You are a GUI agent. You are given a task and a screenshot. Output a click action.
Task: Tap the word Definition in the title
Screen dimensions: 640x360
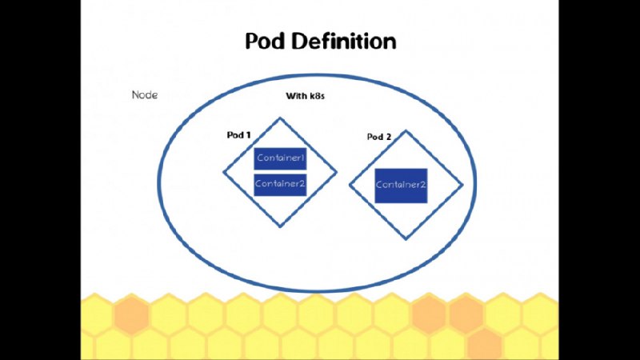(344, 42)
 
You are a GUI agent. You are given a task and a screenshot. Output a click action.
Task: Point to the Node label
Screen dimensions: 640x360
(145, 95)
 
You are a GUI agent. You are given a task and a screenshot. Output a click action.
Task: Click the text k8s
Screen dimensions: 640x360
(317, 96)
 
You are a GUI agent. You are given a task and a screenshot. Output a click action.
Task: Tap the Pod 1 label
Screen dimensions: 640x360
(238, 135)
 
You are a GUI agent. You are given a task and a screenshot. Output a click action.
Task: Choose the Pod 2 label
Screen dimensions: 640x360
(379, 137)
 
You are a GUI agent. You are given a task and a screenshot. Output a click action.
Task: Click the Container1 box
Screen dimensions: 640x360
(280, 158)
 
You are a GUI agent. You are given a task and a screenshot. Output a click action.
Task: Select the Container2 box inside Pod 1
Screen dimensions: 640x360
(280, 185)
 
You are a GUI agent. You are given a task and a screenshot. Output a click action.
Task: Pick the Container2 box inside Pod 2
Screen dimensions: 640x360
(401, 186)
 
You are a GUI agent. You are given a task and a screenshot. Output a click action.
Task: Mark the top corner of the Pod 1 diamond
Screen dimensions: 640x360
(280, 118)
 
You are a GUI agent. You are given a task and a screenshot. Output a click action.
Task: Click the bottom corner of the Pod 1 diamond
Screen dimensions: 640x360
(280, 226)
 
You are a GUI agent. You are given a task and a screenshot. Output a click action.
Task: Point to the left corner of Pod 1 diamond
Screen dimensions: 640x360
(224, 172)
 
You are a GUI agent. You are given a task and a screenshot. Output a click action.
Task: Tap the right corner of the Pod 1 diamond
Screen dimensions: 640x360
(336, 172)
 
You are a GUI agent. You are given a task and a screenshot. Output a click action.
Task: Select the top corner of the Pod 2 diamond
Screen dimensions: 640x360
(406, 131)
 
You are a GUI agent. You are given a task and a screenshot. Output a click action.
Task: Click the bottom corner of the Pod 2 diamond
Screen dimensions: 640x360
(406, 238)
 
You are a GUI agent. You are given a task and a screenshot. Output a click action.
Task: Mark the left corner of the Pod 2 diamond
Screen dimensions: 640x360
(350, 185)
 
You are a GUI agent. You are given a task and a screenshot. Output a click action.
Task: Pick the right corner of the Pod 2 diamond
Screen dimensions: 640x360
(462, 185)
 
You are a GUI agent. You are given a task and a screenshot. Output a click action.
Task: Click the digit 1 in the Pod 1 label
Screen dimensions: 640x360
(248, 135)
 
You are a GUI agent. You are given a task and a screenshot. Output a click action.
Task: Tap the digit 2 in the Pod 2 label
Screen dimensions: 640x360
(389, 137)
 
